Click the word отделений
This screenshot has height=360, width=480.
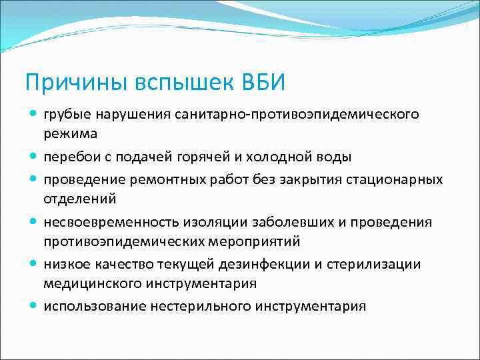80,198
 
